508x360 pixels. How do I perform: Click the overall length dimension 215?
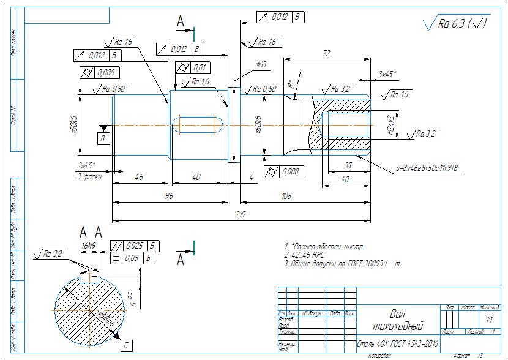(239, 216)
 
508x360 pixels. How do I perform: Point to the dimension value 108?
(304, 196)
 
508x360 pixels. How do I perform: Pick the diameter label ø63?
(260, 64)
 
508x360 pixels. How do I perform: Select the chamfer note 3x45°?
(387, 75)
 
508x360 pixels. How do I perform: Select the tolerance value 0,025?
(133, 246)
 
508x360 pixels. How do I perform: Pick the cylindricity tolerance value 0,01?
(200, 67)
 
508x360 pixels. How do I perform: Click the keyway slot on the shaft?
(196, 125)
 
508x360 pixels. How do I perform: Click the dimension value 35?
(348, 165)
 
